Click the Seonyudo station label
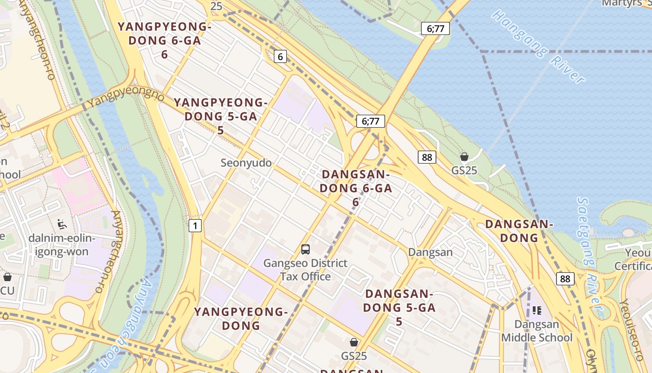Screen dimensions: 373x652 (x=246, y=163)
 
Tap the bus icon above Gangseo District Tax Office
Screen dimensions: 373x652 (x=306, y=249)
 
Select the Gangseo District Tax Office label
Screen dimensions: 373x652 (x=306, y=269)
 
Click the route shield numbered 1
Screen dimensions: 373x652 (x=196, y=226)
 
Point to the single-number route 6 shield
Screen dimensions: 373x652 (x=279, y=57)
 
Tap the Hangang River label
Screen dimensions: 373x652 (x=539, y=46)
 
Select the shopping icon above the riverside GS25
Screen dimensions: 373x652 (x=464, y=157)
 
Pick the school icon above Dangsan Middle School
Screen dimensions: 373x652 (x=537, y=310)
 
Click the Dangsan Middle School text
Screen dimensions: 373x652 (x=537, y=331)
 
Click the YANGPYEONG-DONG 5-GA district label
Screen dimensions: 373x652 (x=221, y=116)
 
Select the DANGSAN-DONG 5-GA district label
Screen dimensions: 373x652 (x=399, y=307)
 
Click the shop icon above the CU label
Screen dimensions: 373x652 (x=7, y=277)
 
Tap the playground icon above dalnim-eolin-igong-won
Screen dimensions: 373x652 (x=62, y=224)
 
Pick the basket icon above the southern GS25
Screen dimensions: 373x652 (x=354, y=343)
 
